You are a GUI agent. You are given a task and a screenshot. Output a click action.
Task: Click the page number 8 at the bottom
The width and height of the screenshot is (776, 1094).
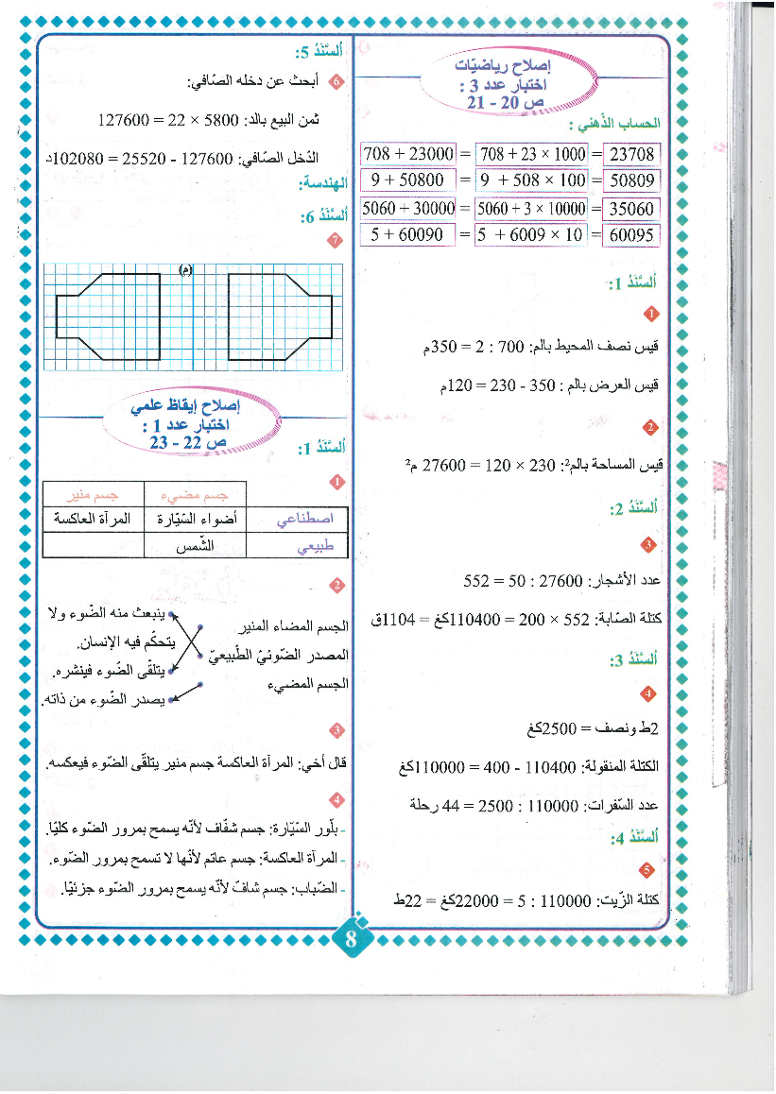[351, 940]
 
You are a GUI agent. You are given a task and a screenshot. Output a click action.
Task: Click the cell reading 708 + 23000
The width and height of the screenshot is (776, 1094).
[408, 153]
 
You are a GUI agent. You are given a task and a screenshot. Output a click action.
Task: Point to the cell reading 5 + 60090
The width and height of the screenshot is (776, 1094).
[408, 235]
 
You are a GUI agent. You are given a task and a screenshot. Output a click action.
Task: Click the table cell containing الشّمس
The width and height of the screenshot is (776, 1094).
[195, 546]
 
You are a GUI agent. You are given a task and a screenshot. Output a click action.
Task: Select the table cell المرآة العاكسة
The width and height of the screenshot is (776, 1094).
[93, 520]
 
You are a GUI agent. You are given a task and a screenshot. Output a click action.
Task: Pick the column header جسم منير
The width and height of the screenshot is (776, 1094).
[93, 494]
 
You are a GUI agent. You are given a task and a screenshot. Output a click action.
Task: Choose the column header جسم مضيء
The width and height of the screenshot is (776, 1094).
[195, 494]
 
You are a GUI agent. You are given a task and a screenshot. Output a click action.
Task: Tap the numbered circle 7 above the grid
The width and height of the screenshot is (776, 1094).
[332, 241]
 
